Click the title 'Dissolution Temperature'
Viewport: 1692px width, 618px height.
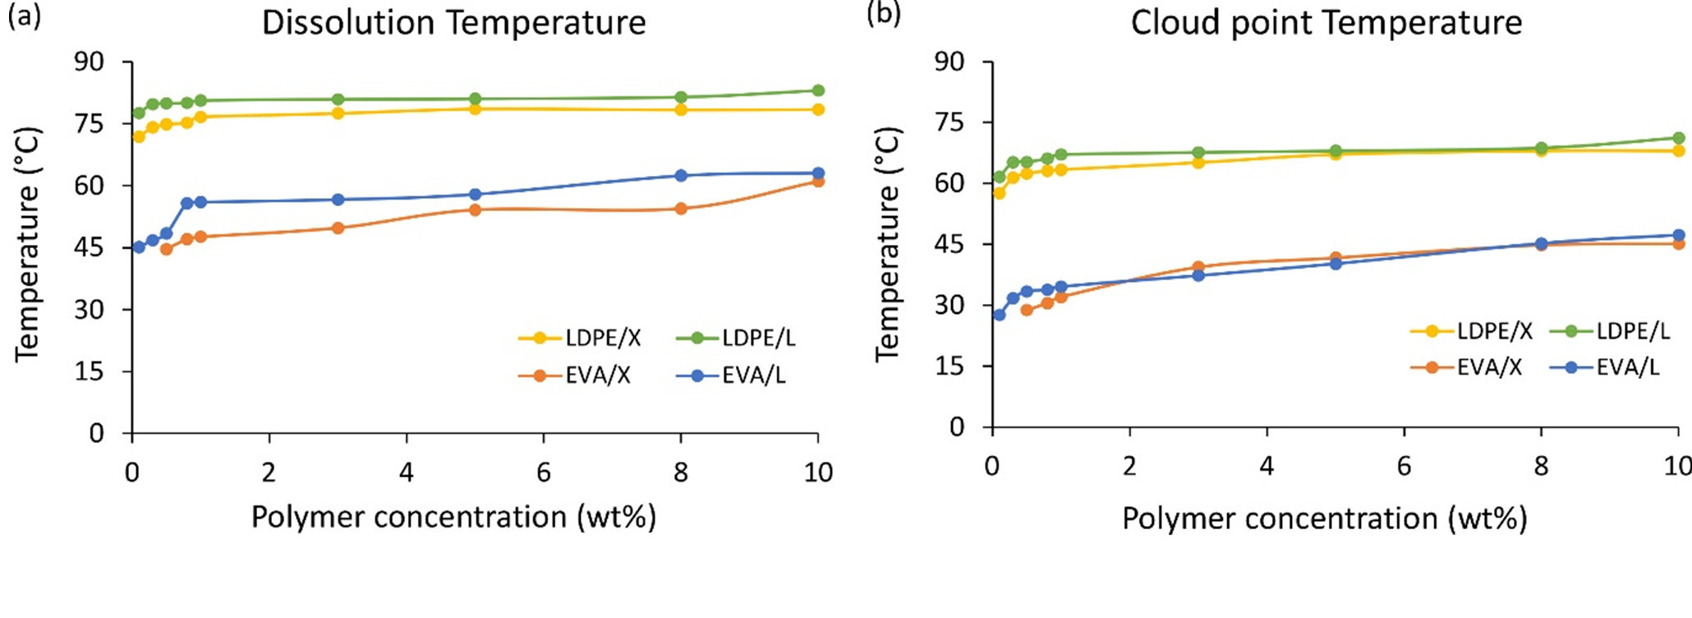coord(453,22)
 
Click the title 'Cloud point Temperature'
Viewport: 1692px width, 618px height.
coord(1326,22)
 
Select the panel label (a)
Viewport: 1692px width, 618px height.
coord(24,16)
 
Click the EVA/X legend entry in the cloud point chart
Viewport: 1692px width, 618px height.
coord(1466,367)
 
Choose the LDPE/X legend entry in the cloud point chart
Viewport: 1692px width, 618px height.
coord(1471,331)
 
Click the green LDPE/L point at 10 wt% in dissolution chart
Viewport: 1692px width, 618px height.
coord(817,90)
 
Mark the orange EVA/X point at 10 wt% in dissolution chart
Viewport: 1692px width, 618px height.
coord(817,181)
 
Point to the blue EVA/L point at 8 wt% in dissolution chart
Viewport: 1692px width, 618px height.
coord(680,176)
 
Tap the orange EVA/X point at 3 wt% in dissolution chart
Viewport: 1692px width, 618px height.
coord(338,228)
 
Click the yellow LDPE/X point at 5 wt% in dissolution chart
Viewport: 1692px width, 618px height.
coord(475,108)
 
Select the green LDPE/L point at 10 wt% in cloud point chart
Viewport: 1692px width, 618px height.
coord(1678,138)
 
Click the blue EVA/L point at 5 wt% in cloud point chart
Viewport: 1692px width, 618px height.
coord(1336,264)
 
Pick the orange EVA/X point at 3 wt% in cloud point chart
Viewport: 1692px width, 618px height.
coord(1198,267)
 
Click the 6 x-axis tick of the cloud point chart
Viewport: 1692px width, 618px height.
coord(1404,466)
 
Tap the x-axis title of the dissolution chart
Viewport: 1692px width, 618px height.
coord(453,517)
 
